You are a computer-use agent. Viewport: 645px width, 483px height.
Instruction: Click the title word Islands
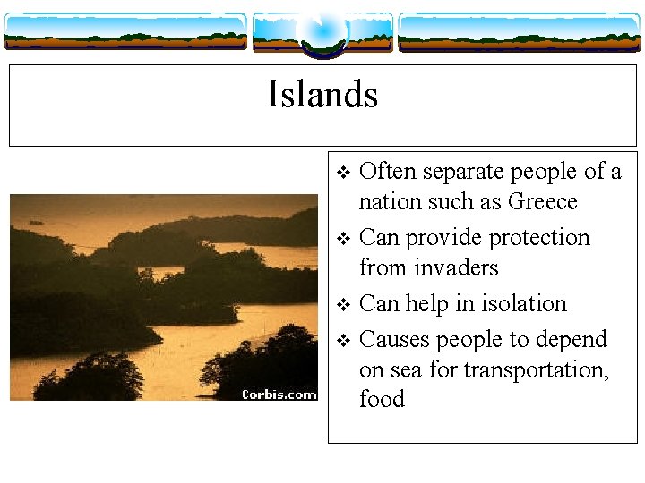click(322, 94)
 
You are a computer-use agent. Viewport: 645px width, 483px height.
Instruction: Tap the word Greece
click(543, 202)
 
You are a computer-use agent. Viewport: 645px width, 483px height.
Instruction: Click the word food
click(382, 399)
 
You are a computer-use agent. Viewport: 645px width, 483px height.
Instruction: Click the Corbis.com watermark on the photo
click(279, 394)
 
